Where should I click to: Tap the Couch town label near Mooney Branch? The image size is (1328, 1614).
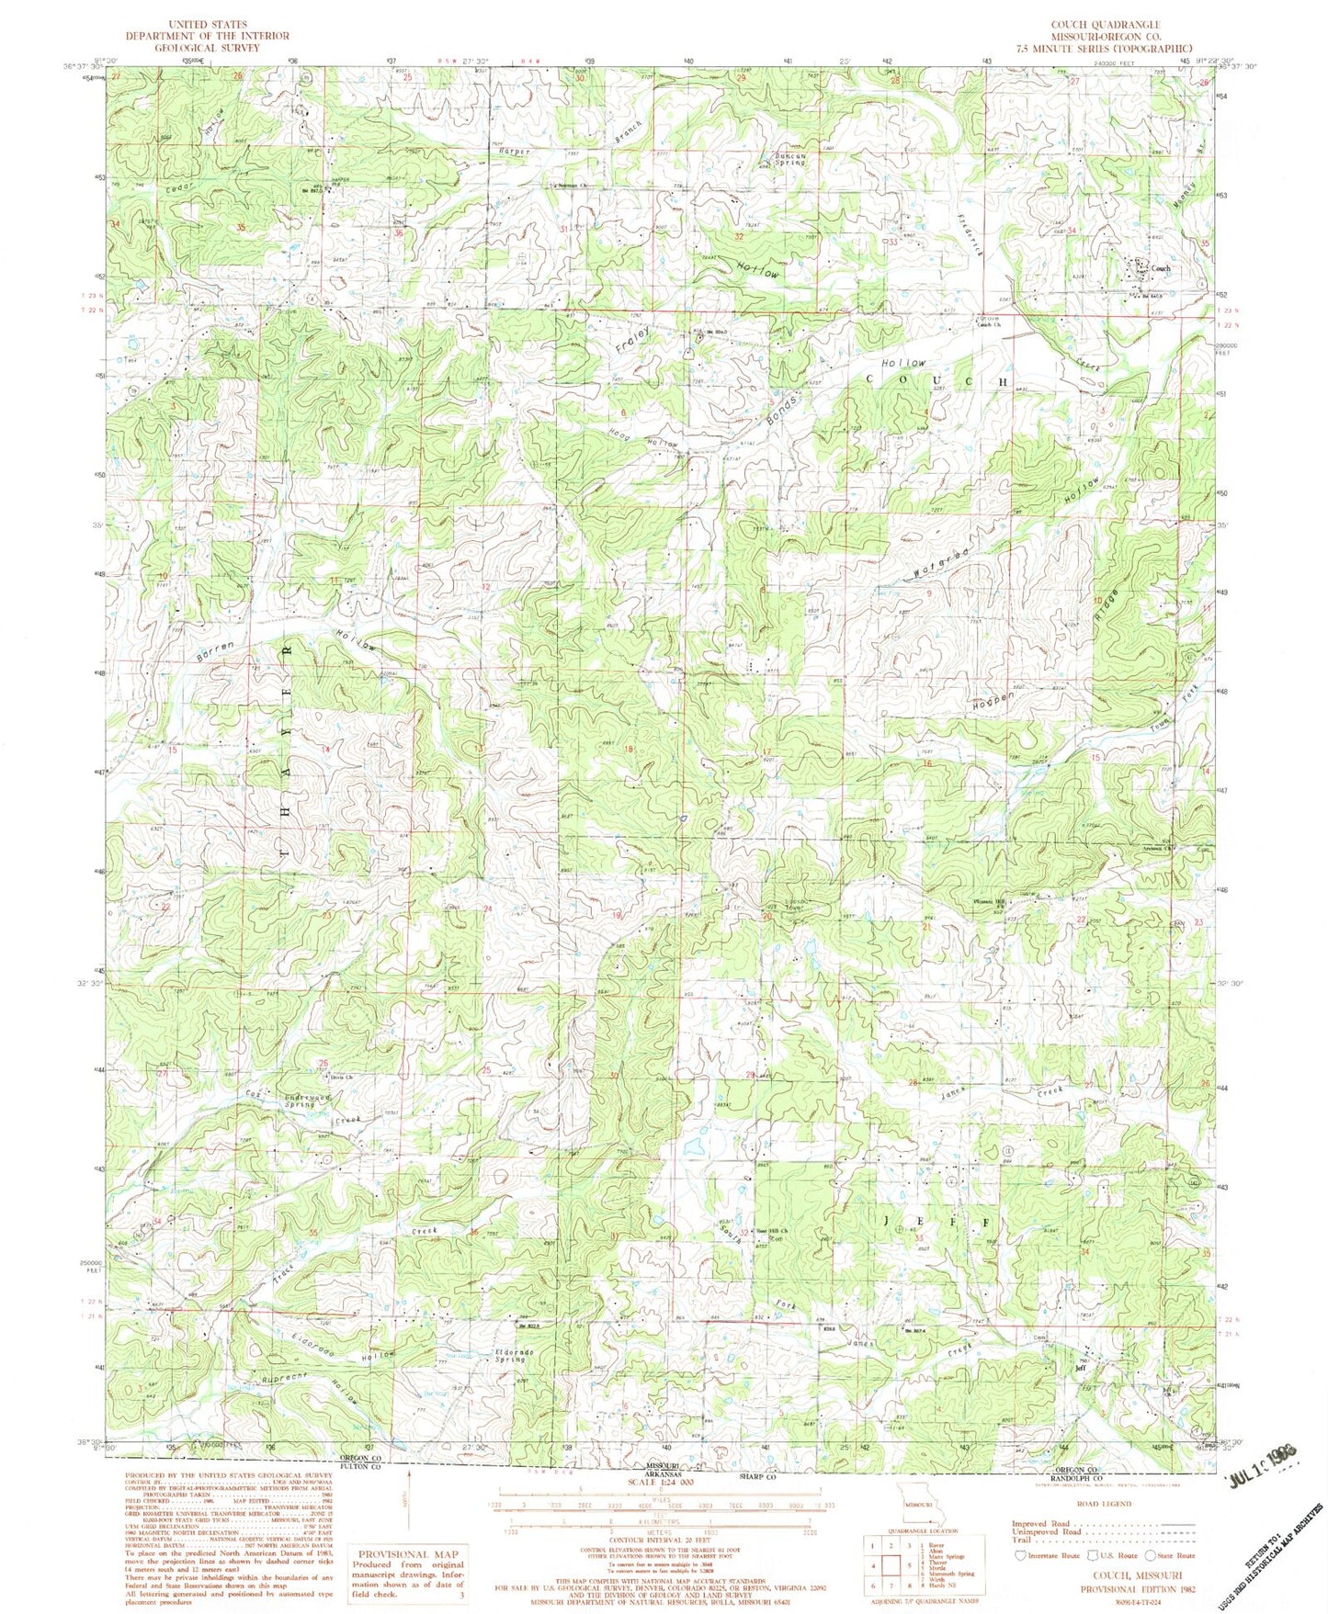coord(1161,268)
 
